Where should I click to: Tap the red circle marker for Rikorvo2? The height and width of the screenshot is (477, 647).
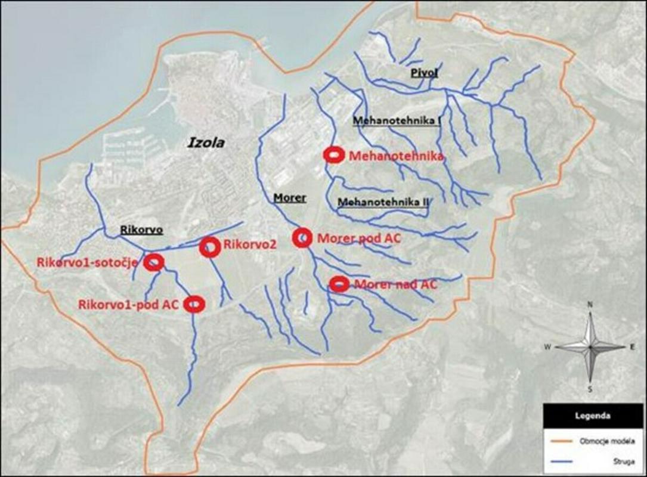tap(209, 247)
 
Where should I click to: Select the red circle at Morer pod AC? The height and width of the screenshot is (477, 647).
tap(302, 237)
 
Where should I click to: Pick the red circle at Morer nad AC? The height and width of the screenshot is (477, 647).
tap(339, 284)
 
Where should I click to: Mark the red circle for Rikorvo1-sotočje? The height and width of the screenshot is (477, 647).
tap(154, 262)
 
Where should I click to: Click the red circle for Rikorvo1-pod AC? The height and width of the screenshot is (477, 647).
tap(194, 304)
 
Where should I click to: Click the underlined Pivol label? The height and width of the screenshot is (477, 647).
tap(424, 73)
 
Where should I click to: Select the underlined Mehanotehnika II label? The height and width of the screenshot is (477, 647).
tap(383, 202)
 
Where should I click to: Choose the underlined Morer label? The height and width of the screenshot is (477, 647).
tap(289, 197)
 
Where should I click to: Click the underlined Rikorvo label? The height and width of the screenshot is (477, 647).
tap(141, 230)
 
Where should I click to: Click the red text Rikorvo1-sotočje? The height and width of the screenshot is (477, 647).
tap(88, 262)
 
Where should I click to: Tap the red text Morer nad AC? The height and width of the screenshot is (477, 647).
tap(395, 284)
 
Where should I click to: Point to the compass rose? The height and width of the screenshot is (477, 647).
tap(590, 346)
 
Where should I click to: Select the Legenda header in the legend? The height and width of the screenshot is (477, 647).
tap(592, 414)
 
